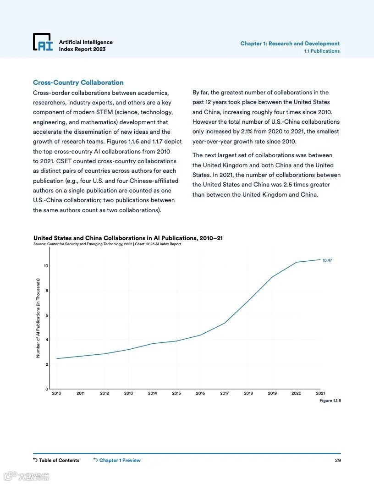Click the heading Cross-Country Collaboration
pos(78,82)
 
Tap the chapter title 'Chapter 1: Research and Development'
pos(290,44)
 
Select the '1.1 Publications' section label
pos(322,51)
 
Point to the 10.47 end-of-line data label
pos(327,260)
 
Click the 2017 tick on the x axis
pos(224,393)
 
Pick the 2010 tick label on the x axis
pos(56,393)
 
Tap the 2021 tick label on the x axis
pos(320,393)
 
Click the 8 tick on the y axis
pos(46,291)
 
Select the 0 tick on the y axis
pos(46,389)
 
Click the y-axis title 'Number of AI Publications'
pos(38,318)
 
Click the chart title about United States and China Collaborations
pos(128,238)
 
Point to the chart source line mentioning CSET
pos(107,244)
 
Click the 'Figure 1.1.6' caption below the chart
pos(330,401)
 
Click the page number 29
pos(337,460)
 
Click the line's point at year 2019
pos(272,277)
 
